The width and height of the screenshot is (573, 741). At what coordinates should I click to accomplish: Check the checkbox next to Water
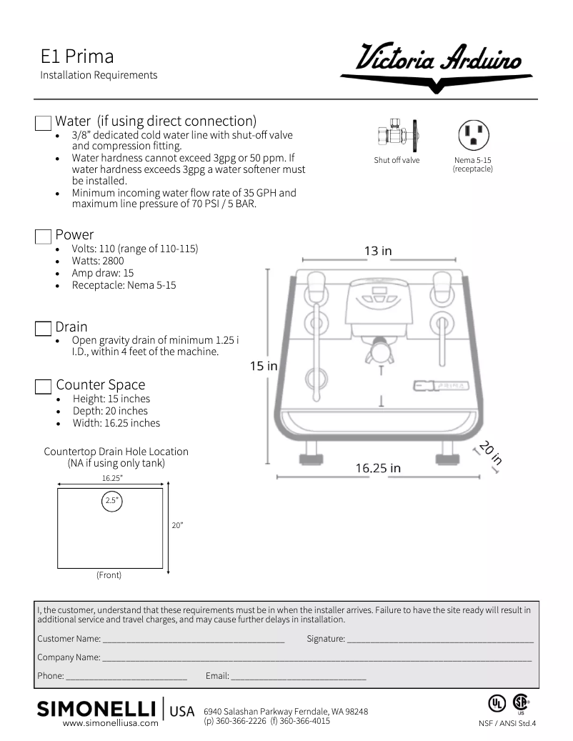[x=44, y=122]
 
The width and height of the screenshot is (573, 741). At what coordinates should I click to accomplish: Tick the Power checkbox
[x=44, y=237]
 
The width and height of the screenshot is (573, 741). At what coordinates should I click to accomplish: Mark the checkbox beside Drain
[x=44, y=329]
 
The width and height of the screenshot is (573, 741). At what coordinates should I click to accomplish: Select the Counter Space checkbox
[x=44, y=387]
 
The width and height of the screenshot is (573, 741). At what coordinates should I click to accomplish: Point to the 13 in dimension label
[x=378, y=251]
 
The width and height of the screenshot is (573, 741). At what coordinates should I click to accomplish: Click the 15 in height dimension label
[x=263, y=366]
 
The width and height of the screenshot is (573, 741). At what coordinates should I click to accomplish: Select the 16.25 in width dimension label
[x=378, y=468]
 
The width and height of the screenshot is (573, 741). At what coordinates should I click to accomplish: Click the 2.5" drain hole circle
[x=111, y=501]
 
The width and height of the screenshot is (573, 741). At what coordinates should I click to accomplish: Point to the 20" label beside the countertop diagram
[x=178, y=526]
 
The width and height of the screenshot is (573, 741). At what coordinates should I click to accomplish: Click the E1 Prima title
[x=77, y=56]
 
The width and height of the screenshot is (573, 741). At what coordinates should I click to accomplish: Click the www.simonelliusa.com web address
[x=111, y=723]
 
